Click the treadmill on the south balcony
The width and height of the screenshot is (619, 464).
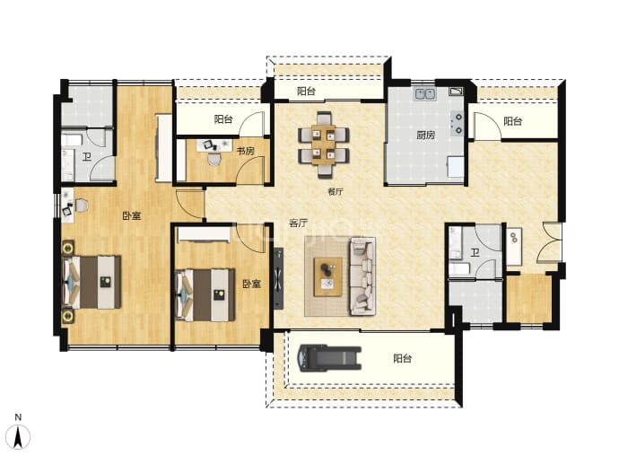click(x=329, y=358)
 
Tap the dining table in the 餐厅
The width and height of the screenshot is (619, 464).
click(x=323, y=144)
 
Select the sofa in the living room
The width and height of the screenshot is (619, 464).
click(x=362, y=276)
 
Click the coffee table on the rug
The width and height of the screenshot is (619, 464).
click(x=327, y=276)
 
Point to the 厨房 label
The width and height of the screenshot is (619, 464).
click(x=425, y=136)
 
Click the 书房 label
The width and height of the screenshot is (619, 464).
click(x=245, y=151)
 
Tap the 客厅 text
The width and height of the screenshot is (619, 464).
click(x=298, y=223)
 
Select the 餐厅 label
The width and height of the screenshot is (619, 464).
click(x=336, y=192)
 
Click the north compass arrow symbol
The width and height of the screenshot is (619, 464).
click(x=18, y=437)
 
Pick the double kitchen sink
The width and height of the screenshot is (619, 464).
click(x=424, y=94)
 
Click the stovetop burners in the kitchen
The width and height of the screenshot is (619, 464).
click(x=458, y=123)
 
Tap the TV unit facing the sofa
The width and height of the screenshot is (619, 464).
click(x=278, y=278)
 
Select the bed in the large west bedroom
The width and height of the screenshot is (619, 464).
click(x=92, y=283)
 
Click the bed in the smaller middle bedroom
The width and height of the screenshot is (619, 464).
click(x=205, y=294)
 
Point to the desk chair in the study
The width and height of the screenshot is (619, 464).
click(x=214, y=159)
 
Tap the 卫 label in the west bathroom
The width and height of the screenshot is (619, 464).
click(x=87, y=157)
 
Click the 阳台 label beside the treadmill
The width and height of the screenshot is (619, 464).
click(x=402, y=359)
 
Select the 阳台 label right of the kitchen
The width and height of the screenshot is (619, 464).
click(x=512, y=121)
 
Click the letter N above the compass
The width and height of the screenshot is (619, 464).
click(x=18, y=417)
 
